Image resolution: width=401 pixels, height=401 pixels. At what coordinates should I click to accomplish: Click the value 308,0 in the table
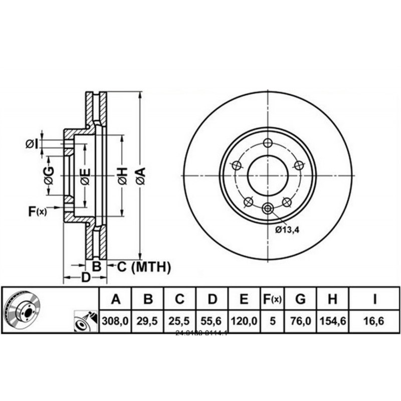point(116,321)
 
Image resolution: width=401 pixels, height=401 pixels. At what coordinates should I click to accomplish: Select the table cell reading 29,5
point(148,321)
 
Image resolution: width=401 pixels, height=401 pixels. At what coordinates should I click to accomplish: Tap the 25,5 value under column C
point(179,321)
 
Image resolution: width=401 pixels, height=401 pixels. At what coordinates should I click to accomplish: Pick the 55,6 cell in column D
point(212,321)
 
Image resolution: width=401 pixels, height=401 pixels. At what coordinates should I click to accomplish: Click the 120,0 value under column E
point(244,321)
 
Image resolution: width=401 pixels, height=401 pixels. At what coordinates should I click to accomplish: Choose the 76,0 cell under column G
point(300,321)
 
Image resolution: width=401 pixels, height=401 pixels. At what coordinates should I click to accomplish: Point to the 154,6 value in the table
point(332,321)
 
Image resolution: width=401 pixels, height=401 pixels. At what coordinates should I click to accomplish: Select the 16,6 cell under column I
point(374,321)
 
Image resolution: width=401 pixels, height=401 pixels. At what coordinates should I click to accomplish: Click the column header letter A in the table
point(116,300)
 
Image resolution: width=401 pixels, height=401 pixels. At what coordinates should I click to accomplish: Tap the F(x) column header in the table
point(272,300)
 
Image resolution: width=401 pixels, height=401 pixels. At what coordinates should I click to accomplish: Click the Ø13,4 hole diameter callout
point(287,230)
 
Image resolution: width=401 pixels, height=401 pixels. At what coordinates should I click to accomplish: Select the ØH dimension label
point(122,175)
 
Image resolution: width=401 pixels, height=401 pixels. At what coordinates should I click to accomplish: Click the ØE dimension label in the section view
point(85,175)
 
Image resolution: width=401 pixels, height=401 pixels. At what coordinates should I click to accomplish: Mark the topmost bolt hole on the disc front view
point(267,142)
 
